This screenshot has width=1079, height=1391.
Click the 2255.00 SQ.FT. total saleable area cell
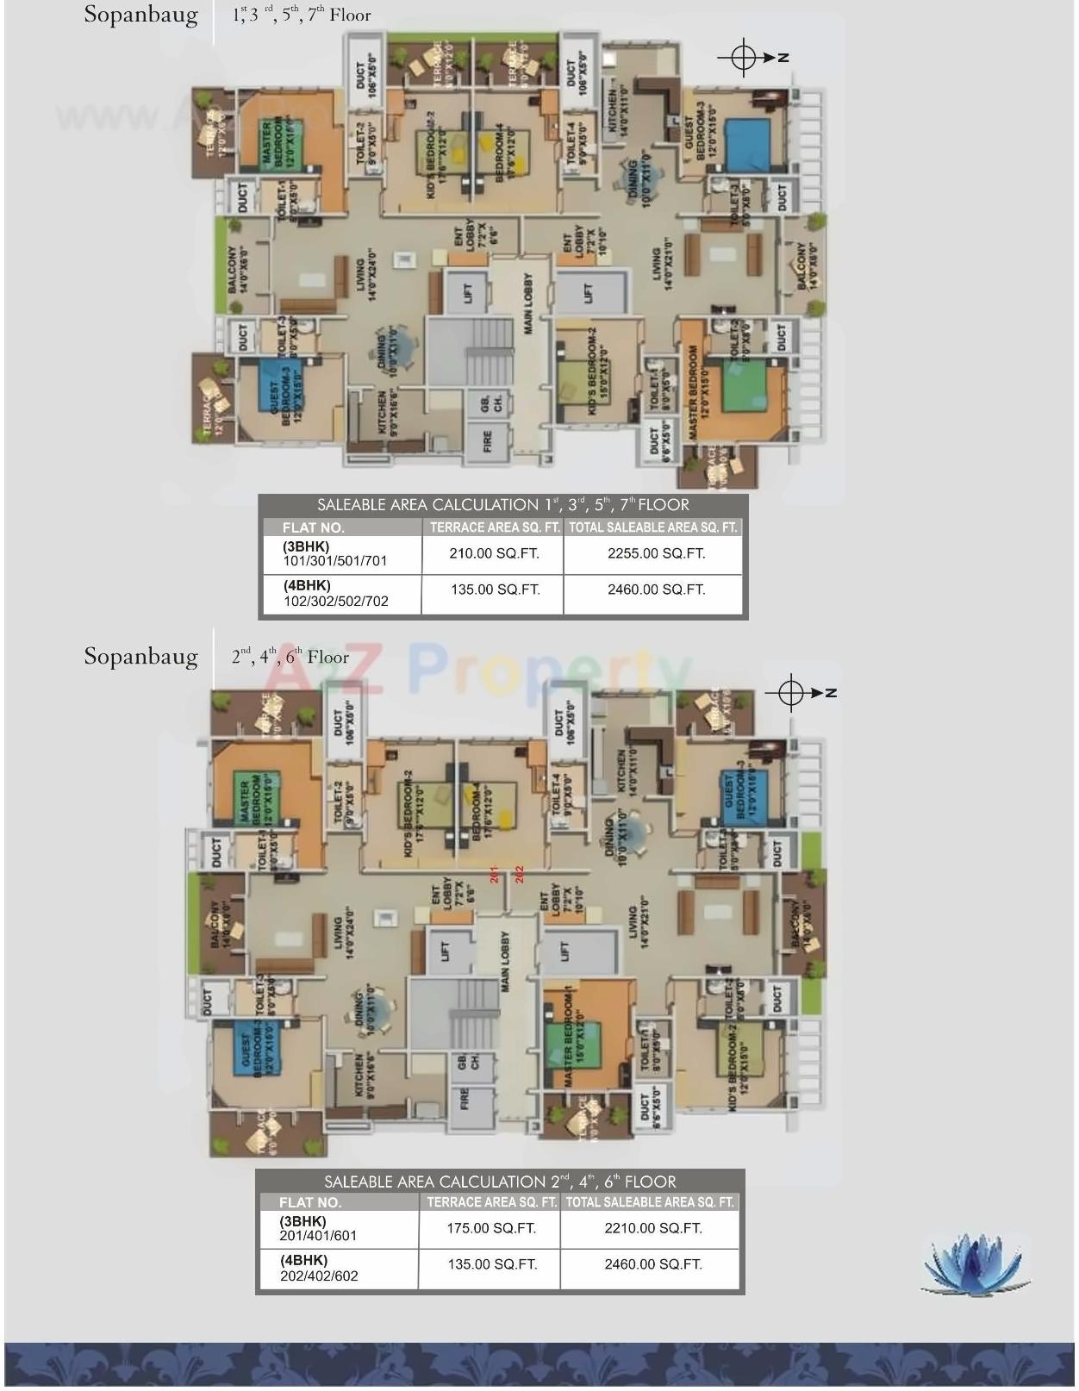656,553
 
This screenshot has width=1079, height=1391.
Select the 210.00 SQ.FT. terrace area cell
494,553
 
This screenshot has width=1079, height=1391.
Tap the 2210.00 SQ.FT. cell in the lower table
652,1228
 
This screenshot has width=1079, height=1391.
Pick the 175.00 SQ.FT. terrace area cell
491,1228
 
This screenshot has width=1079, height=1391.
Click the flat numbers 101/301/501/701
335,561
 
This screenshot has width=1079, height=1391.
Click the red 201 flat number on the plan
495,873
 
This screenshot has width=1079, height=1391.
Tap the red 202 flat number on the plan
519,873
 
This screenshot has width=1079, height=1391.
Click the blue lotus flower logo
976,1263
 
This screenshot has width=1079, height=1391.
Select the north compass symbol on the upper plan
743,58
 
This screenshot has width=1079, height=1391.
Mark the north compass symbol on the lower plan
790,693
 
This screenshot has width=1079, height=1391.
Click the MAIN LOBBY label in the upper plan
527,304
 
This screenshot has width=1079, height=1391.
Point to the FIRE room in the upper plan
488,443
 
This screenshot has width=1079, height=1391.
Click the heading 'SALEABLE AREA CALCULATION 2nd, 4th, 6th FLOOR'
500,1182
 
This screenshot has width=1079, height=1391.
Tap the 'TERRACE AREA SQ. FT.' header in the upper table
495,527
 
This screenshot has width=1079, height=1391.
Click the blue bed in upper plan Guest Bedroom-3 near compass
746,146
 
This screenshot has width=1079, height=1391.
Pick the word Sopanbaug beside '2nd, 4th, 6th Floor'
140,657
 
